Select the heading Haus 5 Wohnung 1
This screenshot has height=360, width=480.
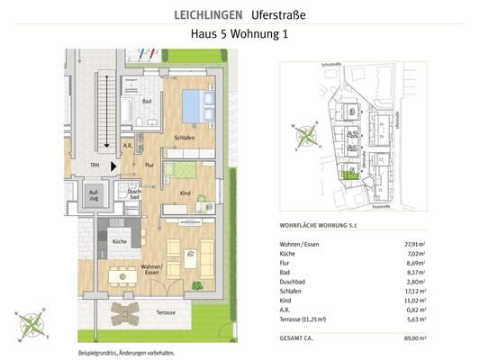[240, 35]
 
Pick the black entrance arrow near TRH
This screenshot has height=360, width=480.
[113, 166]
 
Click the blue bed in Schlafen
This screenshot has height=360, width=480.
[194, 106]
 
